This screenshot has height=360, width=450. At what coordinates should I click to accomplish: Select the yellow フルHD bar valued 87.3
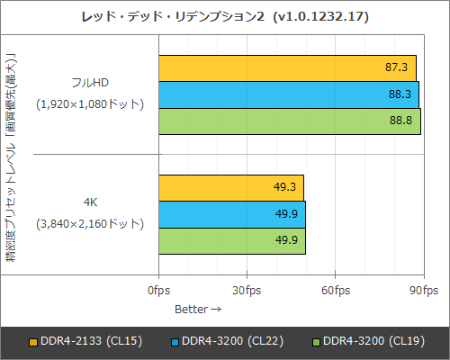(x=288, y=67)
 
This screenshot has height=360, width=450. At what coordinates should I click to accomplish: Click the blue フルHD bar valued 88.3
(x=289, y=94)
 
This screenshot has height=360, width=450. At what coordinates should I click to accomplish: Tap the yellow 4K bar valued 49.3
(x=231, y=188)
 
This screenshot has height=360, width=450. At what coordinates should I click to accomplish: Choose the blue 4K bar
(x=232, y=214)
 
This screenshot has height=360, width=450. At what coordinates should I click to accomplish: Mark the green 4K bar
(x=232, y=241)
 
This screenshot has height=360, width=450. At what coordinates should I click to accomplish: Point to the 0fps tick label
(x=159, y=290)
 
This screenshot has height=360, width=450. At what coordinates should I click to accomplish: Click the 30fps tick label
(x=247, y=290)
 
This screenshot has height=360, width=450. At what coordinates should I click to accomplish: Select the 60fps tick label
(x=336, y=290)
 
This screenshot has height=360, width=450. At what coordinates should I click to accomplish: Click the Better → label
(x=197, y=309)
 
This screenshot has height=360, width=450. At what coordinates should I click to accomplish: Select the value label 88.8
(x=402, y=121)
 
